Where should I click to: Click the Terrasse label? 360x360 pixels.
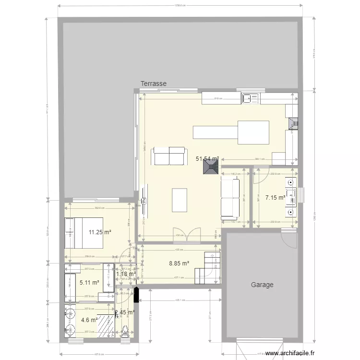tap(154, 84)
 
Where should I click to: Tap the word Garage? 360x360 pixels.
tap(262, 285)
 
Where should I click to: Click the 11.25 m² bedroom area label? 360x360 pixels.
tap(100, 232)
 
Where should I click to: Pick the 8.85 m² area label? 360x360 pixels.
tap(179, 263)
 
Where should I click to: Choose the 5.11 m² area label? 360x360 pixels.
tap(89, 283)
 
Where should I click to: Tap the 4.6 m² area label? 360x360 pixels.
tap(89, 320)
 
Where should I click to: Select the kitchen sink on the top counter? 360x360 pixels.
tap(251, 98)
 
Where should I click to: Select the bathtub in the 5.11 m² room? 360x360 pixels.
tap(71, 287)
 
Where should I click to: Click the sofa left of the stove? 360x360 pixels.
tap(168, 157)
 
